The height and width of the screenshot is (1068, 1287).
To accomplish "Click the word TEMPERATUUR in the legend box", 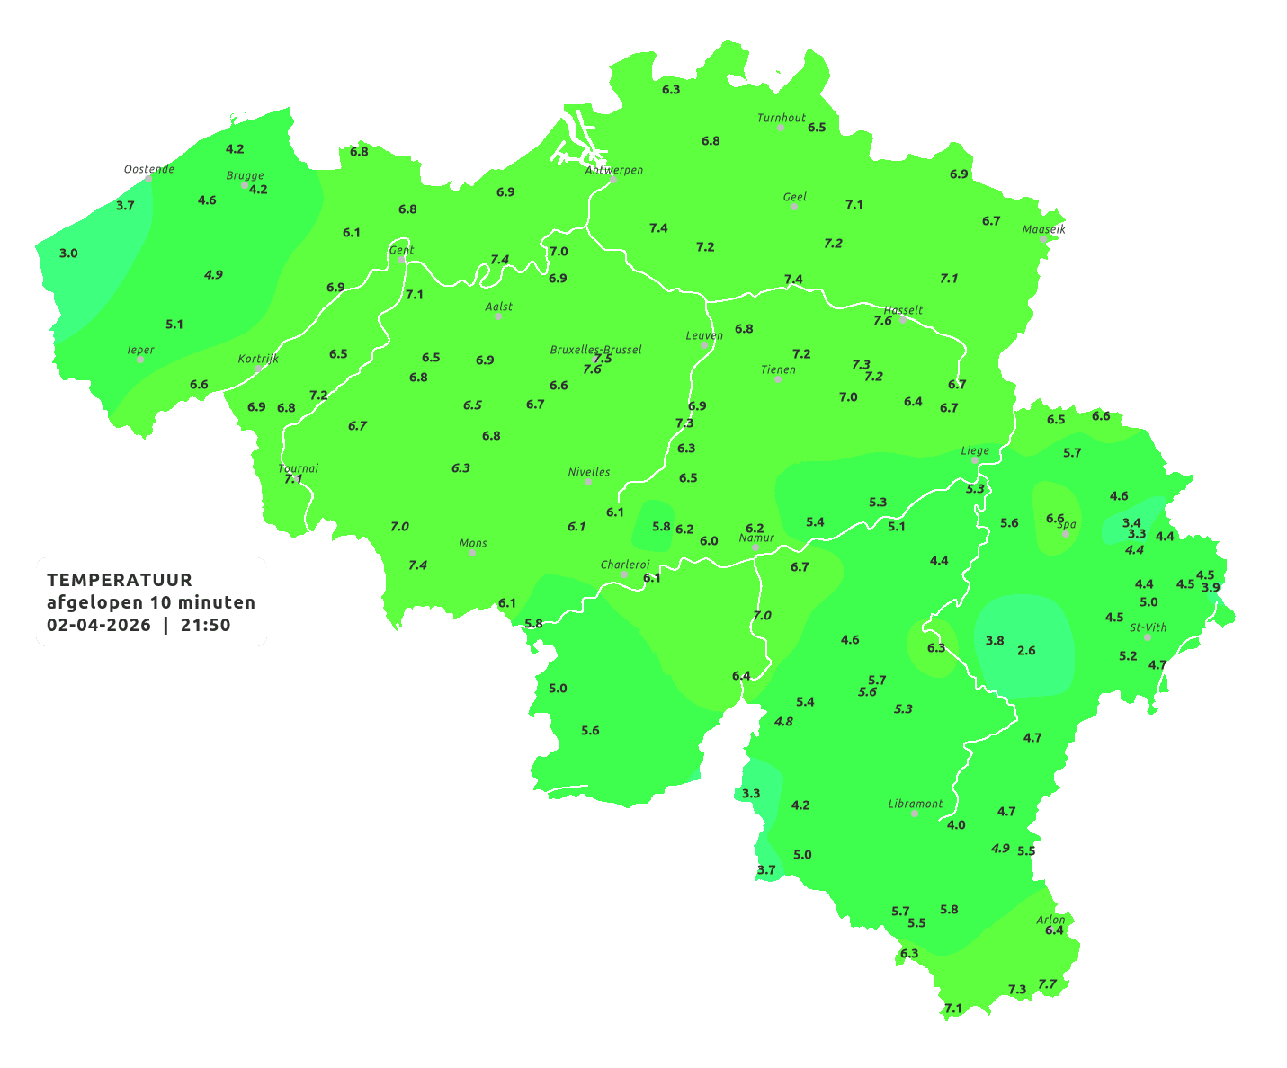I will click(x=120, y=580).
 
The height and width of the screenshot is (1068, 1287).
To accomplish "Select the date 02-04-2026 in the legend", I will click(x=99, y=625).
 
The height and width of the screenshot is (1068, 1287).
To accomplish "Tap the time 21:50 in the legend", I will click(x=206, y=625).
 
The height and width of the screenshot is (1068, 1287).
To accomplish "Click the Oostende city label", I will click(x=148, y=169).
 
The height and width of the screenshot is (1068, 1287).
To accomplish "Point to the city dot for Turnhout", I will click(x=781, y=128).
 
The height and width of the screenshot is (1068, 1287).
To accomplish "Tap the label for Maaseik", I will click(x=1043, y=229).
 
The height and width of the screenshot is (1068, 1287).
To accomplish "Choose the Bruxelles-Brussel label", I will click(x=595, y=349).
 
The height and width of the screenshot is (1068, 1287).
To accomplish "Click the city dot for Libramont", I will click(x=915, y=814).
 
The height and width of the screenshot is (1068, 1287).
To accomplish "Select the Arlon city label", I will click(x=1050, y=920).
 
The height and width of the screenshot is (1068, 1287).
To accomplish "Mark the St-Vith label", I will click(x=1148, y=627).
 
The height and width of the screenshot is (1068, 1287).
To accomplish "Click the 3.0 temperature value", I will click(x=68, y=254).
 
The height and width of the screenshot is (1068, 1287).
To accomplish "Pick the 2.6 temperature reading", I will click(x=1026, y=650).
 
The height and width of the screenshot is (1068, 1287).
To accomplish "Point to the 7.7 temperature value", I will click(x=1047, y=984).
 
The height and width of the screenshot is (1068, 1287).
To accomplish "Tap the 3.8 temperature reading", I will click(x=995, y=640).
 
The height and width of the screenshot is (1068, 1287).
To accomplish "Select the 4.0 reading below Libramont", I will click(x=956, y=824).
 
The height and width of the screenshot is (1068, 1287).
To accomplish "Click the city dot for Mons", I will click(x=472, y=553).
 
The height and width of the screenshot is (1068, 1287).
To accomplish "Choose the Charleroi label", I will click(x=625, y=565).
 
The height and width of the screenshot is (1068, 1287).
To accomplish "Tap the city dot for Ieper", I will click(x=140, y=360).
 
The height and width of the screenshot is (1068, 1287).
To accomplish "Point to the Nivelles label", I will click(x=589, y=472).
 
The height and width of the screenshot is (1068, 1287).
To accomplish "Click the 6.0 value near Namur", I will click(x=709, y=540).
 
